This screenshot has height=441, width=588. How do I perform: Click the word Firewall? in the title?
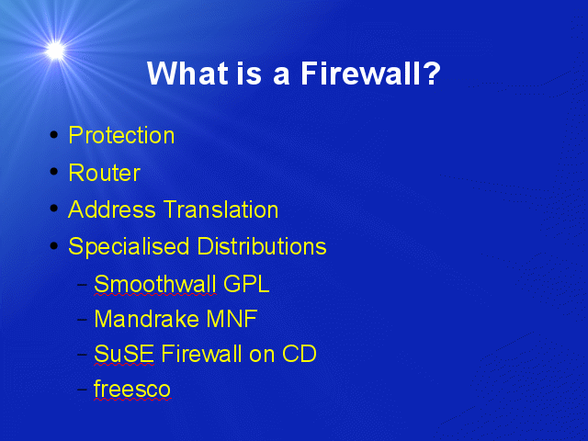tap(370, 73)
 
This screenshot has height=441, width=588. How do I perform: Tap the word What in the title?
tap(187, 73)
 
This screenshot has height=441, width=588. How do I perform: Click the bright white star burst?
tap(55, 51)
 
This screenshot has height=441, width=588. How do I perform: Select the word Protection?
tap(121, 135)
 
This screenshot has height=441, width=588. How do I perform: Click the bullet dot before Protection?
tap(54, 134)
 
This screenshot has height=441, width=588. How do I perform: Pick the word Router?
tap(104, 173)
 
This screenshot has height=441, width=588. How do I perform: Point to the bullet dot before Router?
tap(54, 172)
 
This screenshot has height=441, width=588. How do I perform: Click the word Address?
tap(112, 209)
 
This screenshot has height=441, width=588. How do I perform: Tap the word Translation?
tap(221, 209)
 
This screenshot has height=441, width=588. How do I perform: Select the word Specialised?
tap(129, 247)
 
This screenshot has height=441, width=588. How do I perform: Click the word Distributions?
tap(262, 246)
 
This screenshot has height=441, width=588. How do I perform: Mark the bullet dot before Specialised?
tap(54, 245)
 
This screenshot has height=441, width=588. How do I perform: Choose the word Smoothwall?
tap(155, 284)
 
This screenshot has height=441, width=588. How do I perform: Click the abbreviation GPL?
tap(246, 284)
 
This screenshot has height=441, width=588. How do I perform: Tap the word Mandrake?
tap(146, 319)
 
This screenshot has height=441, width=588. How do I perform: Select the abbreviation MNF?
tap(232, 319)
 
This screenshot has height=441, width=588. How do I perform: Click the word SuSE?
tap(124, 354)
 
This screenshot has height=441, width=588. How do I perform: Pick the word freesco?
tap(132, 389)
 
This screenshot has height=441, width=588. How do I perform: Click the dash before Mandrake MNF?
tap(82, 319)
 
